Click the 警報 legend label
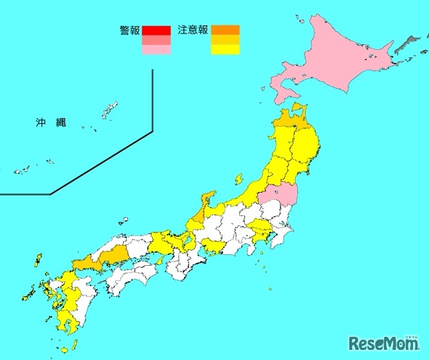[x=130, y=30]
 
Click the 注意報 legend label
[x=193, y=30]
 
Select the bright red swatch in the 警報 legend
[x=157, y=30]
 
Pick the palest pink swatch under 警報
[x=157, y=51]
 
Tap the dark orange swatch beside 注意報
[x=225, y=30]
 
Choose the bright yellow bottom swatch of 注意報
[x=225, y=51]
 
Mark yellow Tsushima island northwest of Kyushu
[x=38, y=260]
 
